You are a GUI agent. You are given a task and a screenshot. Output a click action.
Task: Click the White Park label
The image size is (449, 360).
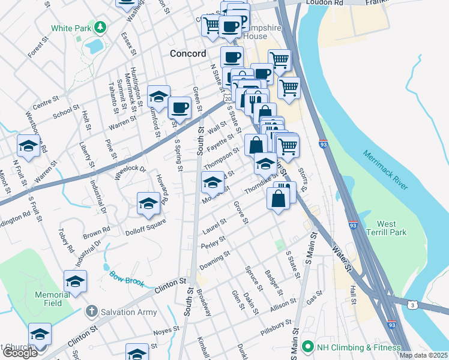pos(70,28)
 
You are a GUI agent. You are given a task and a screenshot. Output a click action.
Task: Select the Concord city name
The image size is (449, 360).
pos(188,53)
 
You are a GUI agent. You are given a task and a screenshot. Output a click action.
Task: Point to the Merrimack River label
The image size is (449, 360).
pos(385,171)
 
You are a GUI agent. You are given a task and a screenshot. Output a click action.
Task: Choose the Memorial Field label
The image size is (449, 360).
pos(56,299)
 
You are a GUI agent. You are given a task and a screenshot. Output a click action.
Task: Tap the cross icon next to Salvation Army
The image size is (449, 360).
pos(91,311)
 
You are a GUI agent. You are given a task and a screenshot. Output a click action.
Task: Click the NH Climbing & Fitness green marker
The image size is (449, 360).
pos(308,347)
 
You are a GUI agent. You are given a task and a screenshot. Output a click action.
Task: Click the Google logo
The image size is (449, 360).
pos(20,352)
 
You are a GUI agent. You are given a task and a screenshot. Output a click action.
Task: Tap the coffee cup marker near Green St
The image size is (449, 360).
pos(179,108)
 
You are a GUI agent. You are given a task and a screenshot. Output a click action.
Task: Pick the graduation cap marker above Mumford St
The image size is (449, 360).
pos(158,96)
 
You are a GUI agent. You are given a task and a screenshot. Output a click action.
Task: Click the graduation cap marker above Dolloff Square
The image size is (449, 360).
pos(148,203)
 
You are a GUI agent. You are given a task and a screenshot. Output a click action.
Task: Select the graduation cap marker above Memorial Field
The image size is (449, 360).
pos(75,280)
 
